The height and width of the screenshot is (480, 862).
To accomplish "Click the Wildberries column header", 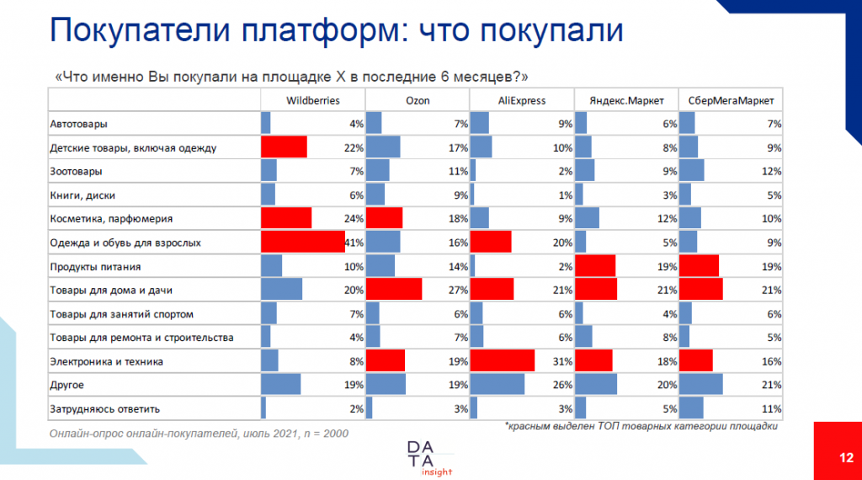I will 313,100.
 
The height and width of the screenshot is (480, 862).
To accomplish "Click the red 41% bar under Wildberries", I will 303,243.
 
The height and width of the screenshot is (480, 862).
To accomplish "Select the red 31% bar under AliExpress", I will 502,361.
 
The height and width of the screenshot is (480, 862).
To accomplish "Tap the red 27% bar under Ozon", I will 394,290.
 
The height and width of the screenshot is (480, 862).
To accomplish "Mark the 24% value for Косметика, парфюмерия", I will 354,219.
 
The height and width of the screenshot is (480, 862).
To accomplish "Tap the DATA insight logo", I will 429,456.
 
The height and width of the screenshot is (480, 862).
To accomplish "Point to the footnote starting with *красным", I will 640,426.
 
